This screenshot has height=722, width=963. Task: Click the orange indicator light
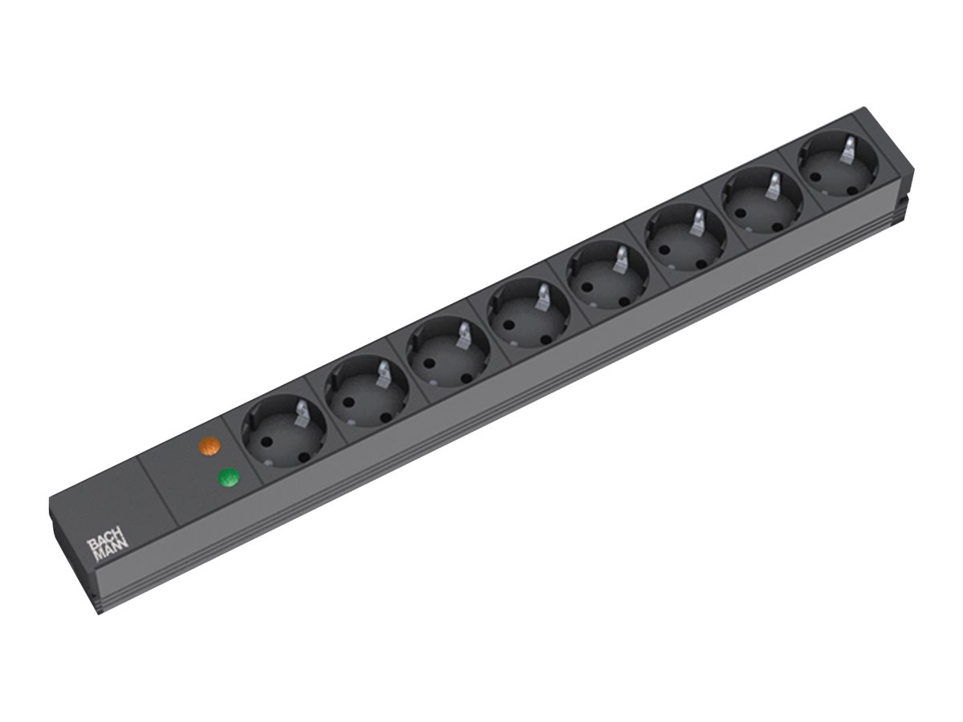[x=209, y=447]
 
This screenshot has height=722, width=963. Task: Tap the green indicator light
[x=230, y=479]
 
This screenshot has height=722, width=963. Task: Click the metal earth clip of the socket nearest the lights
[x=302, y=413]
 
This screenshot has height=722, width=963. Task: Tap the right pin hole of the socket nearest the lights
[x=304, y=456]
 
